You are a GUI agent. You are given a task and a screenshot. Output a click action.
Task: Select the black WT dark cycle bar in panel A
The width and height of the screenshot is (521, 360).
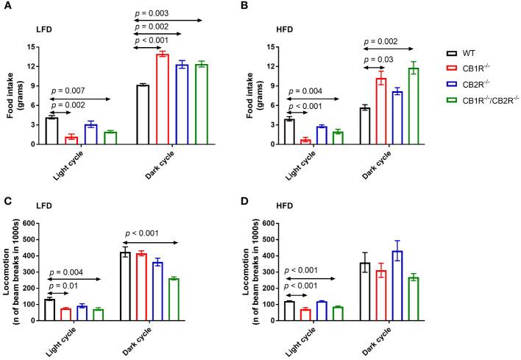(143, 115)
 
